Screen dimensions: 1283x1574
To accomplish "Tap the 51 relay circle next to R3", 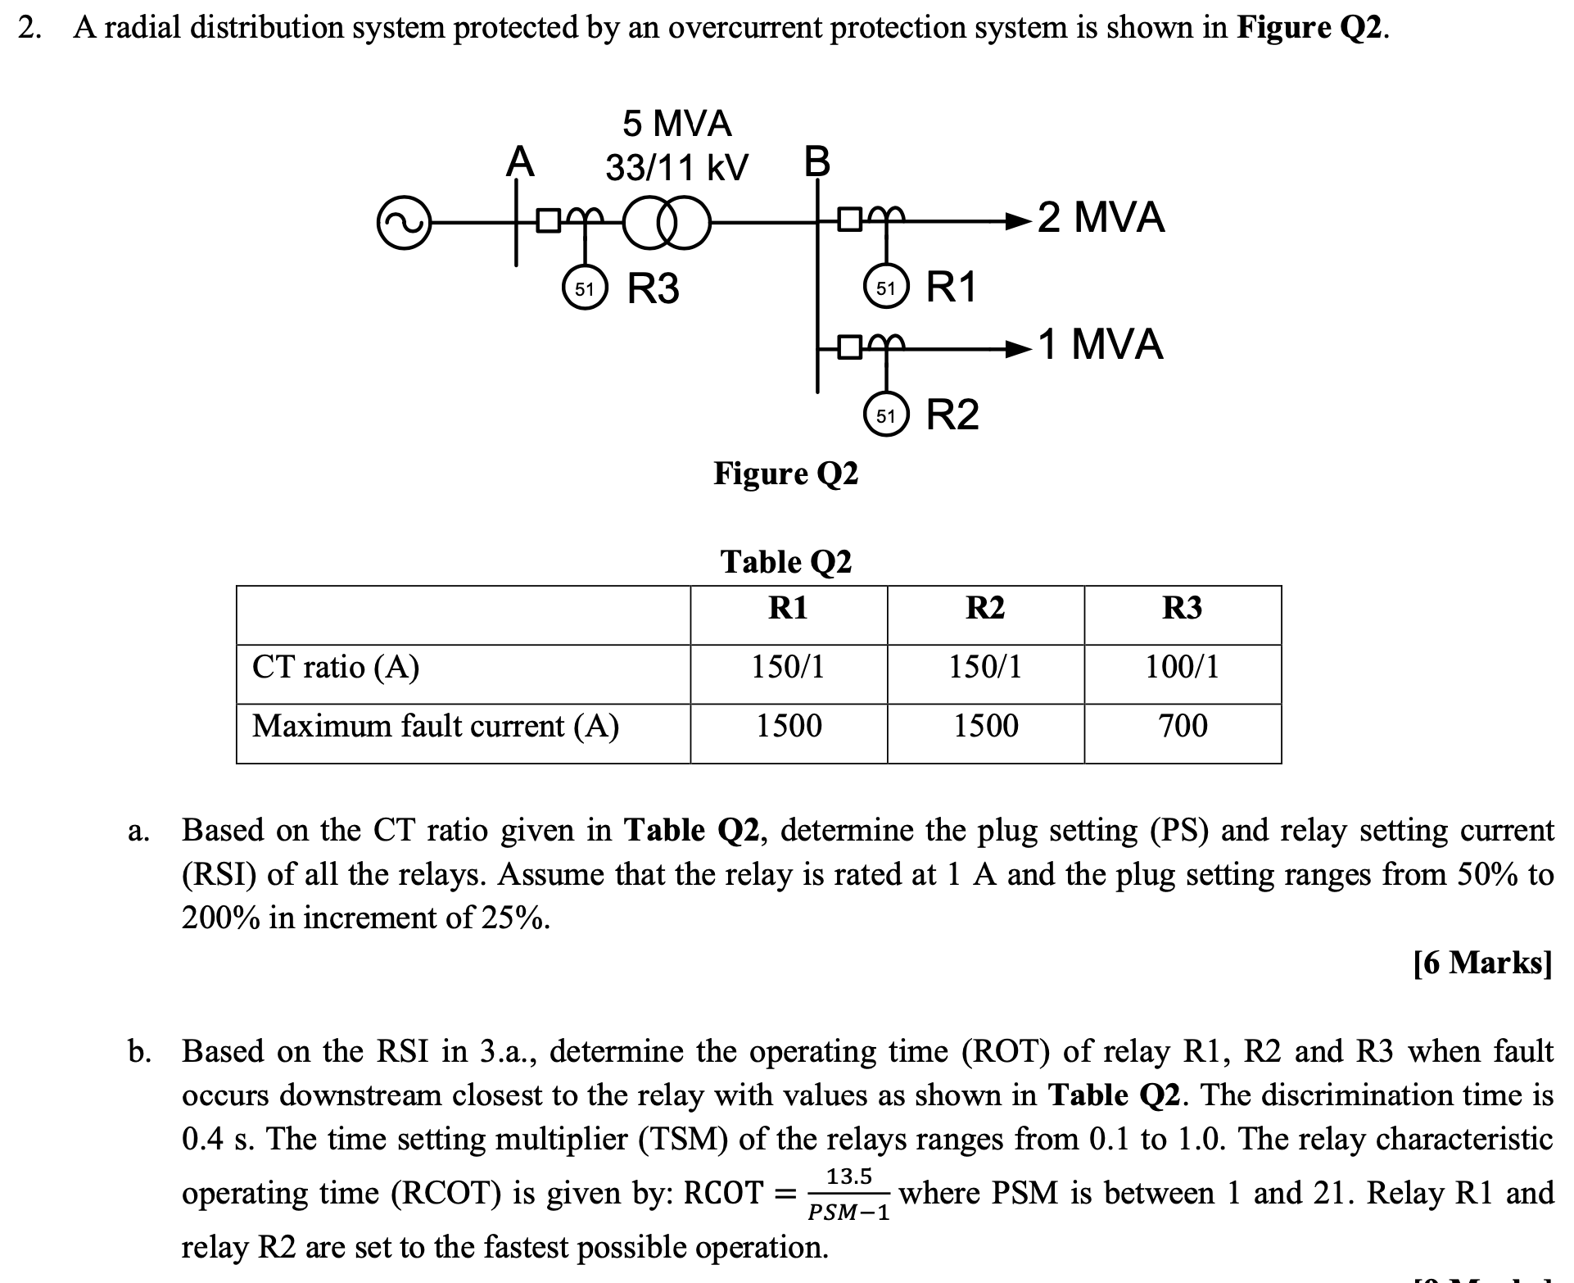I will click(583, 288).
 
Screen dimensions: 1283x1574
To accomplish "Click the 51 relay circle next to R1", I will click(885, 288).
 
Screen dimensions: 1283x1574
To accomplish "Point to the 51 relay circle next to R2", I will click(885, 415).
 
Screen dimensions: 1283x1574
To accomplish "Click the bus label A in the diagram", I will click(520, 161).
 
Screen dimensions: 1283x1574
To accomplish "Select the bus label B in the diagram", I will click(816, 161).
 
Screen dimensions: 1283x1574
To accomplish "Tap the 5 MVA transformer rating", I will click(677, 124).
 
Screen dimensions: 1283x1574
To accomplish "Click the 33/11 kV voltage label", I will click(676, 168).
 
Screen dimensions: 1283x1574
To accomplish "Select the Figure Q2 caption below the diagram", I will click(786, 473).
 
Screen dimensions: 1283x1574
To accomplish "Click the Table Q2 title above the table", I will click(786, 562).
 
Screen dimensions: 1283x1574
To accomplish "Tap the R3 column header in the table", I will click(1183, 608).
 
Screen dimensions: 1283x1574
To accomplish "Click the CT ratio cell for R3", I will click(1183, 667).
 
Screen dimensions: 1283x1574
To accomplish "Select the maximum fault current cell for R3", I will click(1183, 726).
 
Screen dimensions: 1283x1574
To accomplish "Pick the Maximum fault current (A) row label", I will click(436, 726).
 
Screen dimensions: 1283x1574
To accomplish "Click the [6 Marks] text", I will click(1483, 962).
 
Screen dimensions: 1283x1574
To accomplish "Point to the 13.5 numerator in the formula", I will click(849, 1176).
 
